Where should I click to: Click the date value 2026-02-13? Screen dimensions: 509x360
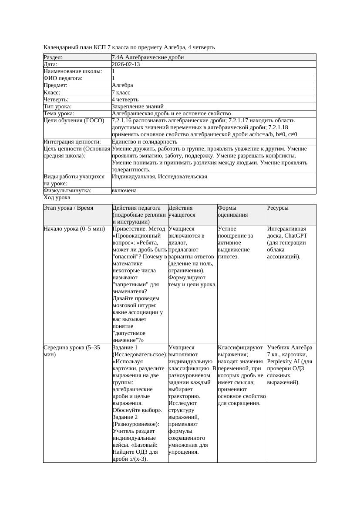(x=126, y=64)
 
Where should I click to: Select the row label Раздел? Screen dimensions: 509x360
(x=53, y=57)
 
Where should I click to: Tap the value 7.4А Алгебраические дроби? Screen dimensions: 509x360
(x=148, y=57)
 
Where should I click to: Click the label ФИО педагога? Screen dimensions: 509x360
(x=63, y=78)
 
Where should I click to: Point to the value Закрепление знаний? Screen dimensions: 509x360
(x=138, y=106)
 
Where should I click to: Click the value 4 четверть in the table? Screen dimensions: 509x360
(x=125, y=99)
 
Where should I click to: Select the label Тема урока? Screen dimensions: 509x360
(x=59, y=113)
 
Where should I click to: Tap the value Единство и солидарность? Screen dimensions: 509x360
(x=145, y=142)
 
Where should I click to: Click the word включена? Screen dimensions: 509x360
(x=124, y=191)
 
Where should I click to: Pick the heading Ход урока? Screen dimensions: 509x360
(x=57, y=198)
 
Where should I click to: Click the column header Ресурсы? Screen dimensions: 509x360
(x=278, y=208)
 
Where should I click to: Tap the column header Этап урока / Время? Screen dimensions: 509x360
(x=68, y=208)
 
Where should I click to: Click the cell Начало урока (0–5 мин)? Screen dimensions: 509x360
(x=74, y=229)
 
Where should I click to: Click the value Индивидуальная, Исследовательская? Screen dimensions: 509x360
(x=159, y=177)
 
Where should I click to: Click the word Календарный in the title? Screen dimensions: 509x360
(x=60, y=47)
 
